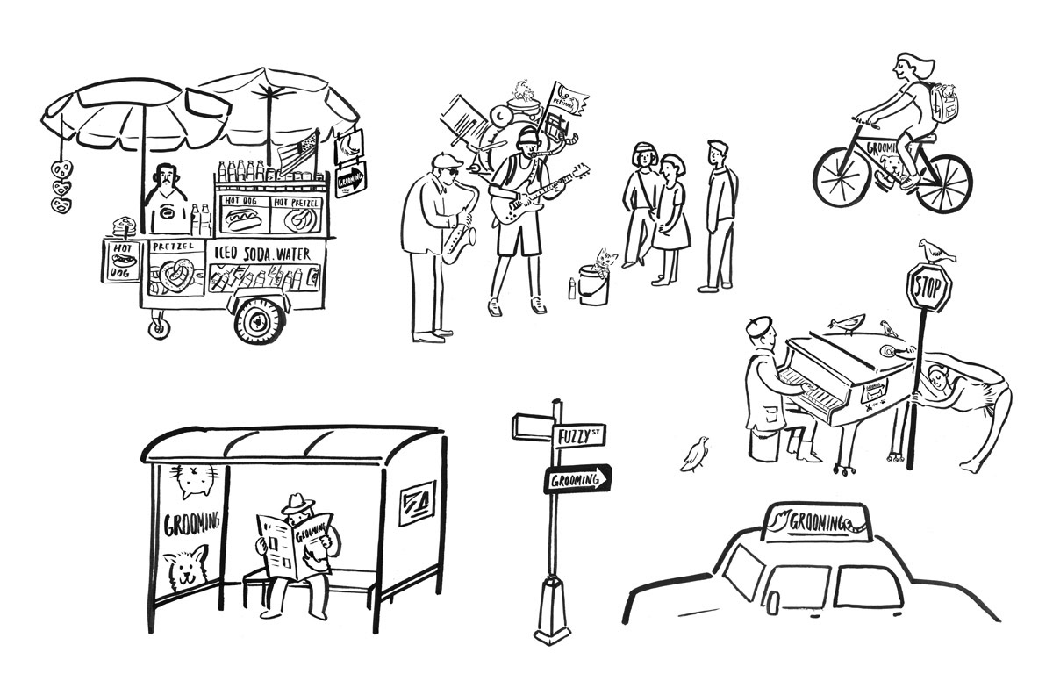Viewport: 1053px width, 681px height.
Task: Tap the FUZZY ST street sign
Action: click(580, 434)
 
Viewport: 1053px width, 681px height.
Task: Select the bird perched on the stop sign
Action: click(935, 251)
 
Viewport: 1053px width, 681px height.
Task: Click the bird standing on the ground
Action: click(696, 454)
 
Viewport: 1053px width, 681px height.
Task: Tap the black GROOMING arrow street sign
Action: click(577, 479)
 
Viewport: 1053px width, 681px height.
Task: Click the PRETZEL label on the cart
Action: click(172, 247)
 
